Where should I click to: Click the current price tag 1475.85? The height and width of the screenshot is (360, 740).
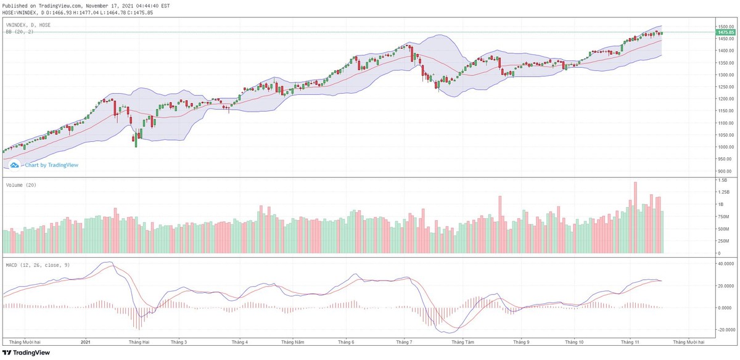[725, 32]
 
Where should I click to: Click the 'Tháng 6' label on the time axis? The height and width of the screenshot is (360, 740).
[347, 342]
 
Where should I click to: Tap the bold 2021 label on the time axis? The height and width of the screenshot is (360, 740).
[86, 342]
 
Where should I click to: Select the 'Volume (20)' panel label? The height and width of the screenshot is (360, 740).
[20, 185]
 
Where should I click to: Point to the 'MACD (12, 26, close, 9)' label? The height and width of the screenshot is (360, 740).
[37, 265]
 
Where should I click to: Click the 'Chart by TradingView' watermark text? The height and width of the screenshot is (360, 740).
[51, 165]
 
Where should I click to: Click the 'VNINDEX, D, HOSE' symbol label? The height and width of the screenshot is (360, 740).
[28, 25]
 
